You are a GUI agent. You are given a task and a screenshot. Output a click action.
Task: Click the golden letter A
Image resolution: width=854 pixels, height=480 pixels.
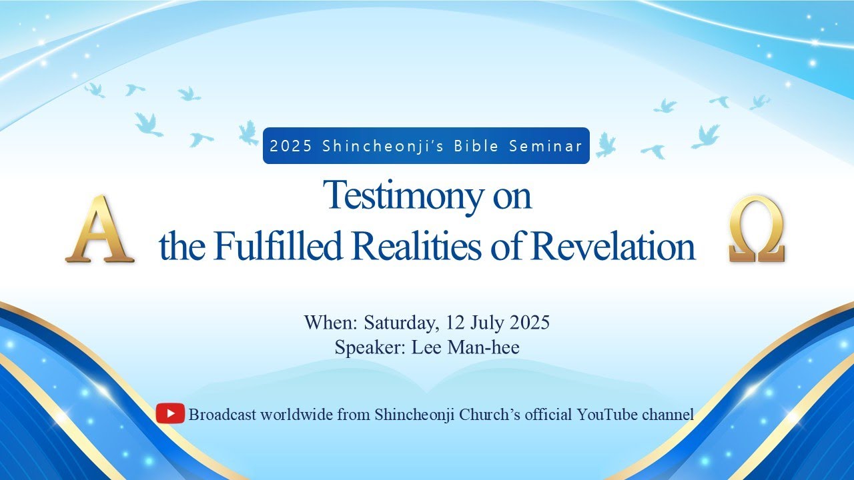(x=100, y=229)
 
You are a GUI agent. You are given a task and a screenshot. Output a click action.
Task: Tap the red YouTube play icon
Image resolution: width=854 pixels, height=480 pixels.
(x=170, y=414)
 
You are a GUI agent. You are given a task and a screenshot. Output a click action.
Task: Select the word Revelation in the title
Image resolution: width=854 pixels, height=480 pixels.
(x=613, y=247)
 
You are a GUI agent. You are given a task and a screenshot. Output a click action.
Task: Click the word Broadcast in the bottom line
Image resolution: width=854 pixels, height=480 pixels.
(x=222, y=415)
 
